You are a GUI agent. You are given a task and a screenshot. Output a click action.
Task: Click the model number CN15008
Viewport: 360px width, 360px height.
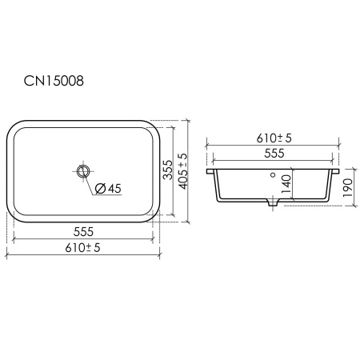coord(54,81)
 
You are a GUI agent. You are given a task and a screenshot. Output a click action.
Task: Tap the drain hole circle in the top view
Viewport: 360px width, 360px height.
coord(83,170)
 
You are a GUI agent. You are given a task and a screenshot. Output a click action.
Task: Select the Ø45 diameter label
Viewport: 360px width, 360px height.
coord(108,189)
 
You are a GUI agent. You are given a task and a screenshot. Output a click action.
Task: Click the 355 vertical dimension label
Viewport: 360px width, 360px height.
coord(168,170)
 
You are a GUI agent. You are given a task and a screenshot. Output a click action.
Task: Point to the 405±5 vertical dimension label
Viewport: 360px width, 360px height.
coord(183,171)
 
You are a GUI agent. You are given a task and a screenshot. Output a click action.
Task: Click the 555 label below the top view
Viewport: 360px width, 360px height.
coord(83,232)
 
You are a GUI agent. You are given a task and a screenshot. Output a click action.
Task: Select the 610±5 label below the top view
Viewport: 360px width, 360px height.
coord(82,248)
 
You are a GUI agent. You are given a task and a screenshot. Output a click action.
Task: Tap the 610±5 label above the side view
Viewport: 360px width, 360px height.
coord(274,138)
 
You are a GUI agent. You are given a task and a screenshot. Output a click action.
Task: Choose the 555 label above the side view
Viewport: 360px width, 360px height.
coord(274,154)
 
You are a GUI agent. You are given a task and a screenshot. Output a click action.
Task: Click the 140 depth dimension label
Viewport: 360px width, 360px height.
coord(286,185)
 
